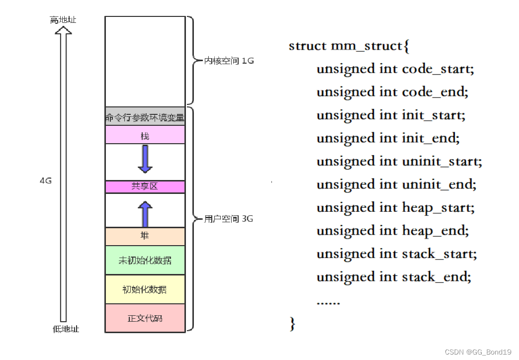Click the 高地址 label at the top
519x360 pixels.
[63, 20]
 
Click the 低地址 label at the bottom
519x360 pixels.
[66, 329]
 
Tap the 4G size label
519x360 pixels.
[45, 181]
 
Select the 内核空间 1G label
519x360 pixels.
[229, 61]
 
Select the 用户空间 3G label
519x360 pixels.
[229, 219]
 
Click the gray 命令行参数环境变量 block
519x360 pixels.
[145, 118]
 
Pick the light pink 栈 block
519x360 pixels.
[145, 135]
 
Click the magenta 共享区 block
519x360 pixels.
[145, 186]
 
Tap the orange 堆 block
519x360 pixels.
[145, 236]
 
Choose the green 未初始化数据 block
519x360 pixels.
[145, 260]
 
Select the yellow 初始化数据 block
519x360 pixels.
[145, 289]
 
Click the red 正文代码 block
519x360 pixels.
[145, 318]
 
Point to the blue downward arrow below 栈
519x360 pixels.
[145, 159]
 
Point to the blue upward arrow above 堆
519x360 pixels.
[145, 214]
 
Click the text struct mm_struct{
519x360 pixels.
[349, 46]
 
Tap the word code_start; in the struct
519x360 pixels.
[438, 69]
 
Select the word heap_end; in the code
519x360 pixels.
[435, 231]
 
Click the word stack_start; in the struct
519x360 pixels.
[439, 254]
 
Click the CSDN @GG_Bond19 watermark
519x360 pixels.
[478, 352]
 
